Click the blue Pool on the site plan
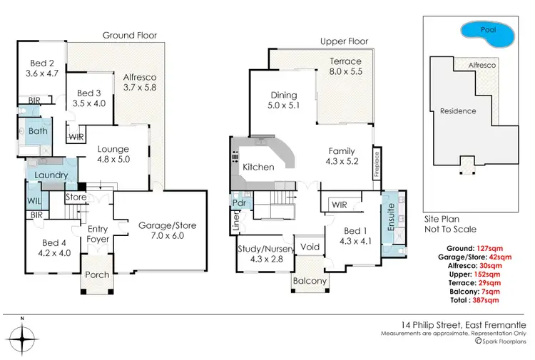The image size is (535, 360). tap(488, 31)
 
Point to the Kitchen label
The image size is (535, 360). tap(258, 167)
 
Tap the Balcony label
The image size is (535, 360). tap(310, 282)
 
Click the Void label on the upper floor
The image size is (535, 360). tap(310, 247)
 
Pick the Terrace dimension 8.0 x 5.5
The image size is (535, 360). tap(345, 72)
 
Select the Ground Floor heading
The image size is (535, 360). tap(130, 35)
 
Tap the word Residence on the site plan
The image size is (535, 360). tap(457, 111)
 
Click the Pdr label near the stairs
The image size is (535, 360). tap(239, 202)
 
